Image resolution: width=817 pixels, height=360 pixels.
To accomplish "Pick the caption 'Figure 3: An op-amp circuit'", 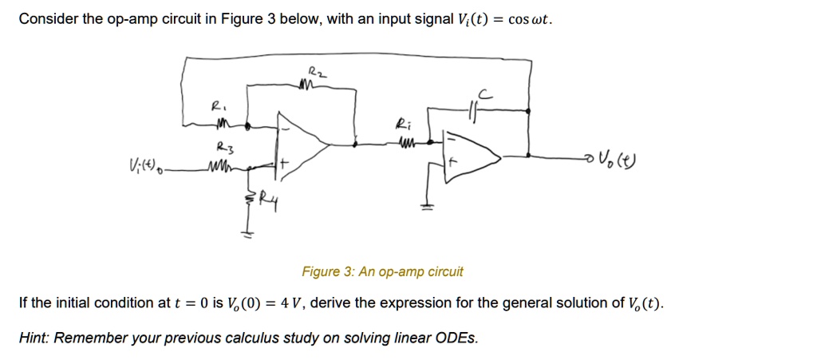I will click(x=382, y=272).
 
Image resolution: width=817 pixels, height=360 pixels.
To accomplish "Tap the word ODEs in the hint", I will click(x=457, y=338).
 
